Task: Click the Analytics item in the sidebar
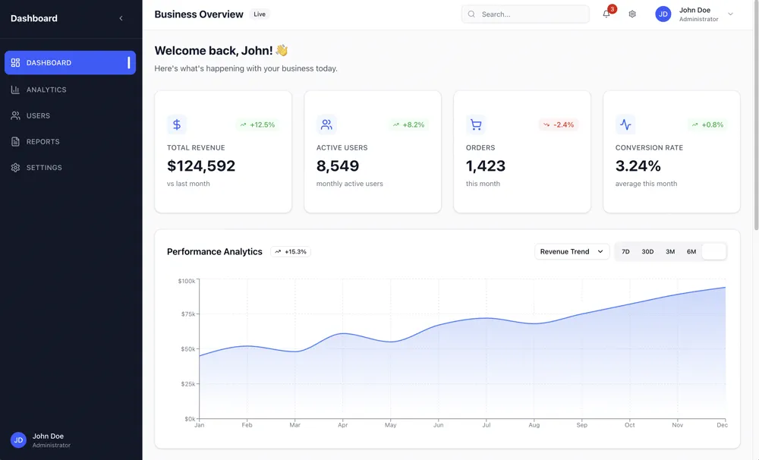click(x=46, y=90)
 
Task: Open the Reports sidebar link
click(x=43, y=142)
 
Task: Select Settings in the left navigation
click(x=44, y=168)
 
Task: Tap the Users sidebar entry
click(x=38, y=116)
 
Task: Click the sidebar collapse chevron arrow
click(x=121, y=18)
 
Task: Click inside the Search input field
click(x=531, y=14)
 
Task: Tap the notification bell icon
click(x=606, y=14)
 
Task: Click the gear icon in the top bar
click(x=632, y=14)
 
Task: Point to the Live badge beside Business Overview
click(x=260, y=14)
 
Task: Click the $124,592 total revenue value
click(x=201, y=165)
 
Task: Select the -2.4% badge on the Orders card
click(x=559, y=124)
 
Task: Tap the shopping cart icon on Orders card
click(x=476, y=124)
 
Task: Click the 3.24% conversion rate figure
click(x=638, y=165)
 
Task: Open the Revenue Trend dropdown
click(x=572, y=251)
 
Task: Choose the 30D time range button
click(x=647, y=251)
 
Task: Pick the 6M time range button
click(x=691, y=251)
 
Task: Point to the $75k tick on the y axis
click(x=187, y=314)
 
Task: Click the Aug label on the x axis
click(x=534, y=425)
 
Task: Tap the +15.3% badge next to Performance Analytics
click(x=291, y=251)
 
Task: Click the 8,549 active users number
click(x=338, y=165)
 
